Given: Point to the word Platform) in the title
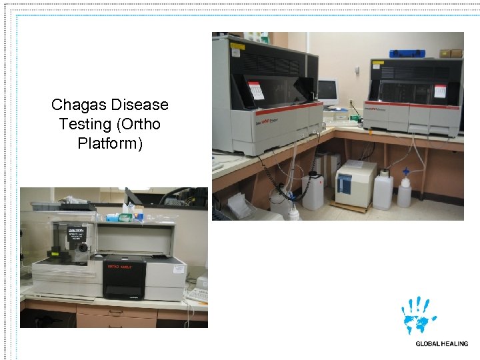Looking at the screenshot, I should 110,143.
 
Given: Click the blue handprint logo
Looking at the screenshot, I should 418,315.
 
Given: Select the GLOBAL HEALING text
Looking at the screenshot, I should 441,344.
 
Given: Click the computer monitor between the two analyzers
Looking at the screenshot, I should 327,91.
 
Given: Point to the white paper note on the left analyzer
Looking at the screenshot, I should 256,89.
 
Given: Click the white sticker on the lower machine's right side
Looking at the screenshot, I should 178,267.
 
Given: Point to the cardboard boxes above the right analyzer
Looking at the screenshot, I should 451,53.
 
